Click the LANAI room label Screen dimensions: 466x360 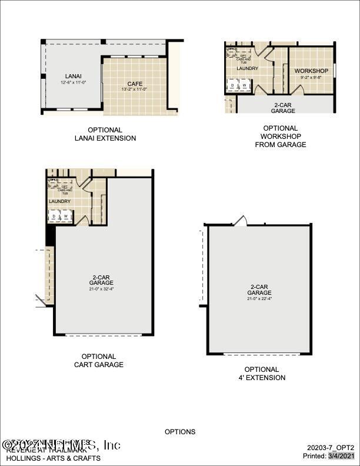click(73, 76)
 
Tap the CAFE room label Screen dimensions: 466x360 click(136, 84)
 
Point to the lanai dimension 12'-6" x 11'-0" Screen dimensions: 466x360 click(73, 82)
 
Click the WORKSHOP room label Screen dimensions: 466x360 click(311, 71)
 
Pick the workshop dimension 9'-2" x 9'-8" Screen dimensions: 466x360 click(311, 77)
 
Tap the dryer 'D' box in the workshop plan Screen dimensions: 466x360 click(233, 86)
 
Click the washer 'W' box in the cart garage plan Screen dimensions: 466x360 click(66, 216)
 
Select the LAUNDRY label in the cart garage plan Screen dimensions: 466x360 click(60, 201)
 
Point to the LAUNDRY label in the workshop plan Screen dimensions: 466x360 click(248, 68)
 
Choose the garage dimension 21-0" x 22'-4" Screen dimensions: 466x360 click(259, 298)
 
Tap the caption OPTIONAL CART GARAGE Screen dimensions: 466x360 click(99, 361)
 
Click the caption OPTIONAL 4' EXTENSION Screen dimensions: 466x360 click(262, 374)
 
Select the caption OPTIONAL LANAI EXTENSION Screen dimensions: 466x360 click(105, 134)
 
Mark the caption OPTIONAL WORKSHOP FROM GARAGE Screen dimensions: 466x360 click(281, 137)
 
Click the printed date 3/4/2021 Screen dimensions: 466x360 click(342, 456)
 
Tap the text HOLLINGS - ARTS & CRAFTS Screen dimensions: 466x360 click(53, 458)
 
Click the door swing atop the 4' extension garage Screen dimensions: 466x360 click(241, 221)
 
